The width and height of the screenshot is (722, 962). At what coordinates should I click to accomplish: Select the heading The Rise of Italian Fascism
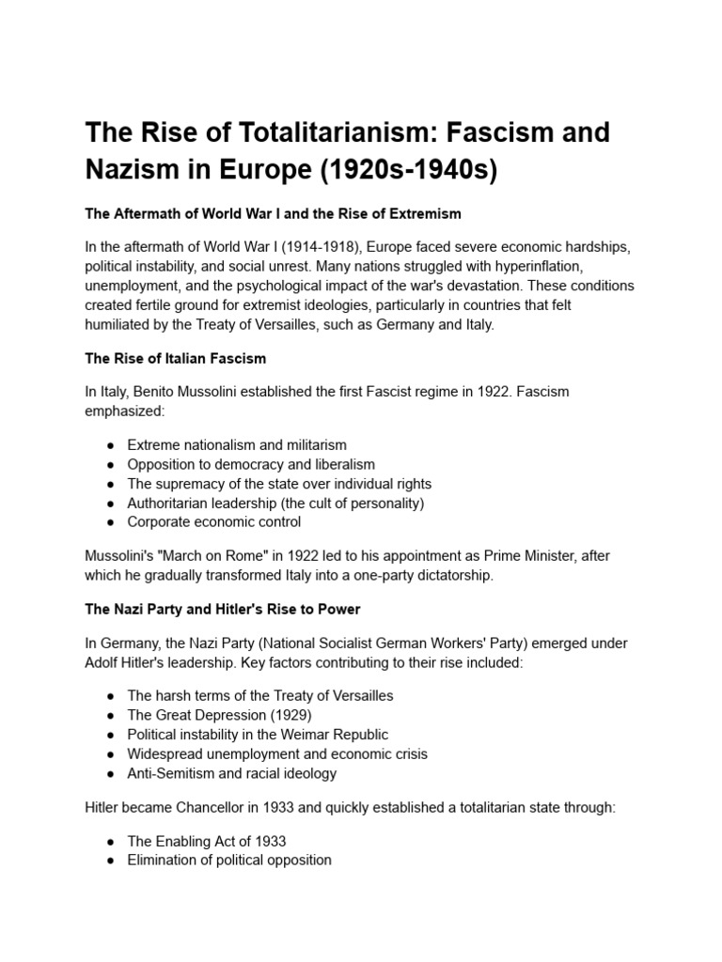tap(176, 358)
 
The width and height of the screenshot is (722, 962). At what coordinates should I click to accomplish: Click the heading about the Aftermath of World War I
tap(273, 213)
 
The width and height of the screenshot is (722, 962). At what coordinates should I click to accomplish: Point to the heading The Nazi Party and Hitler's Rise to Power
tap(223, 610)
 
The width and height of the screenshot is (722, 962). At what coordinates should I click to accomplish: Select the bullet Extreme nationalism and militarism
tap(237, 444)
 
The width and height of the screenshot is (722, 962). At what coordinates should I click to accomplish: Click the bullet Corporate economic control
tap(214, 521)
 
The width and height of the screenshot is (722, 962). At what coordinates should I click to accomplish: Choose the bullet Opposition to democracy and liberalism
tap(251, 464)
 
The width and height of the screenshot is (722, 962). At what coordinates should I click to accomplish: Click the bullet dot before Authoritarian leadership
tap(111, 503)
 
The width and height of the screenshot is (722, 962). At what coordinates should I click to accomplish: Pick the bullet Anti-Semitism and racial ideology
tap(231, 773)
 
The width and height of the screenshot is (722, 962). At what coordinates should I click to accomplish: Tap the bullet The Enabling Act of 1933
tap(206, 841)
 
